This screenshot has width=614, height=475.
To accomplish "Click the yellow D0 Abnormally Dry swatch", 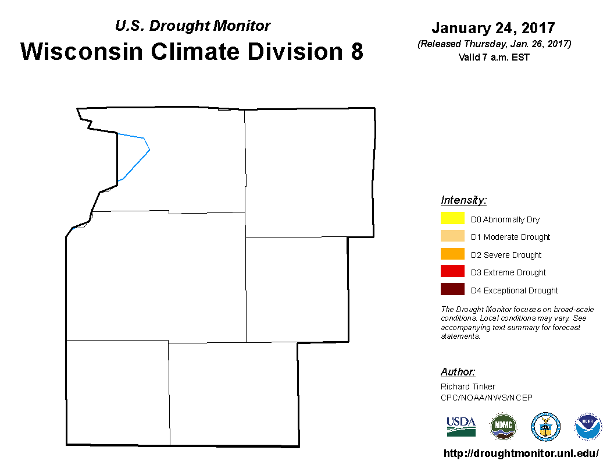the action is tap(452, 218).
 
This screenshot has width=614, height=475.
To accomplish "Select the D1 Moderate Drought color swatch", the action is tap(452, 236).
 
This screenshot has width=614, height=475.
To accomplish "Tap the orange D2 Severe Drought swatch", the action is tap(452, 254).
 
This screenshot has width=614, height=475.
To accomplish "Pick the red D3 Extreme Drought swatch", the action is tap(452, 271).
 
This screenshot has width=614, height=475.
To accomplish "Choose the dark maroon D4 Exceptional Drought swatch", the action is tap(452, 289).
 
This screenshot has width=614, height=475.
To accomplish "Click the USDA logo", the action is tap(461, 427).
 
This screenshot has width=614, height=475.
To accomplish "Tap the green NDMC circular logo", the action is tap(503, 427).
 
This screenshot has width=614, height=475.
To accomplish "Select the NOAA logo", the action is tap(587, 427).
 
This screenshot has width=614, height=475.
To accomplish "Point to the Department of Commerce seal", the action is tap(545, 427).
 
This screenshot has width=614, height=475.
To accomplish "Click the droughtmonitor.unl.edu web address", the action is tap(521, 453).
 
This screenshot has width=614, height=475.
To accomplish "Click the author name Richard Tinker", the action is tap(468, 387).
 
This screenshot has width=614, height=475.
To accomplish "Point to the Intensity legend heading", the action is tap(463, 200).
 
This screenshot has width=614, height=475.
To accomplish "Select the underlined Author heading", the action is tap(458, 371).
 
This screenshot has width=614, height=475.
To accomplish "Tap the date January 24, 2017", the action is tap(494, 28).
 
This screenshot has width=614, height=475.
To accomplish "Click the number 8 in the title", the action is tap(357, 51).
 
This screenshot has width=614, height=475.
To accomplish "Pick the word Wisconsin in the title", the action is tap(82, 51).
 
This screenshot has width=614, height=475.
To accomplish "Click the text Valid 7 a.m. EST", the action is tap(494, 57).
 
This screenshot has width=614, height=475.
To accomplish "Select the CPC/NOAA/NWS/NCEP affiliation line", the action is tap(486, 398).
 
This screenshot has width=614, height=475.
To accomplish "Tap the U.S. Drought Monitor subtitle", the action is tap(192, 26).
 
